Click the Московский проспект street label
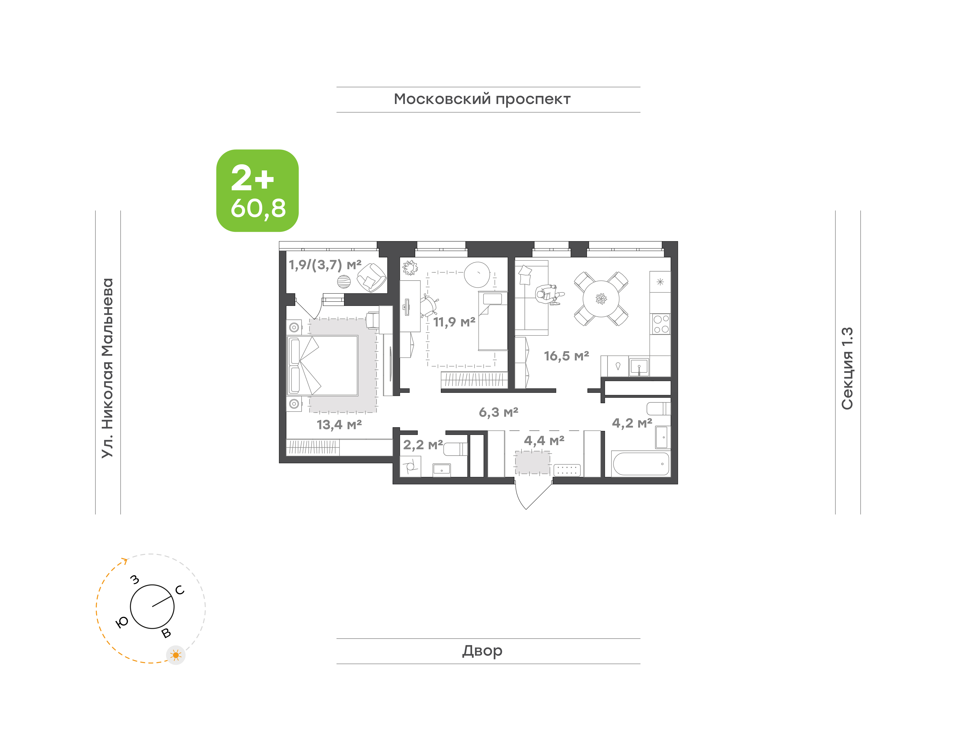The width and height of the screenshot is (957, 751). [482, 99]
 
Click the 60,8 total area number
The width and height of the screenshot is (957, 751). [258, 208]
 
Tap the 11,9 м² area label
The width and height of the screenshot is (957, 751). [454, 322]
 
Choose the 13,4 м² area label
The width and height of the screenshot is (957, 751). [339, 425]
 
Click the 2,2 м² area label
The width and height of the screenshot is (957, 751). [423, 445]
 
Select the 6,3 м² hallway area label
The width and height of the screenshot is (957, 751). [498, 412]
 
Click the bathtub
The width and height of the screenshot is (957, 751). [641, 463]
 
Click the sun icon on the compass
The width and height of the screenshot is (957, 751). [176, 655]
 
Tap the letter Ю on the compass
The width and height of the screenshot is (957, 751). [122, 622]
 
